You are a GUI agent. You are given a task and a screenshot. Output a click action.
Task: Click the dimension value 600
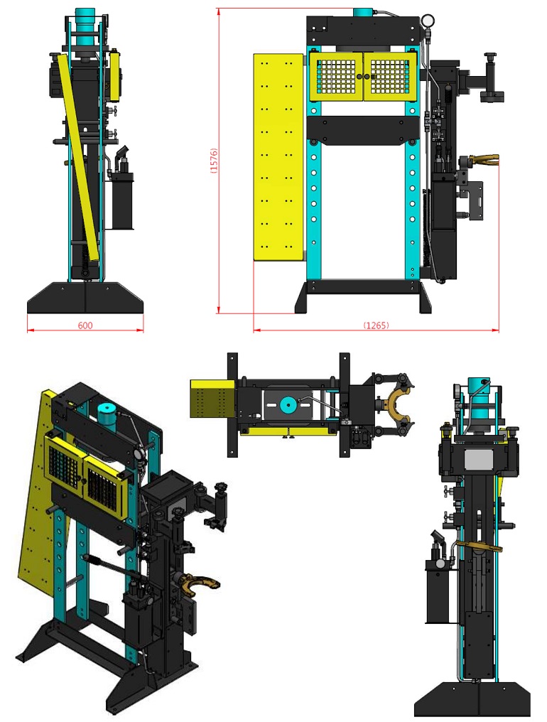tap(85, 325)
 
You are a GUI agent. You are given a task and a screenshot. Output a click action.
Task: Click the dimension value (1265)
tap(377, 325)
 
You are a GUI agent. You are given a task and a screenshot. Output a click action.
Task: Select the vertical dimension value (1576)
tap(213, 160)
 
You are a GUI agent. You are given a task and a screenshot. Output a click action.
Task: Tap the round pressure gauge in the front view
tap(428, 21)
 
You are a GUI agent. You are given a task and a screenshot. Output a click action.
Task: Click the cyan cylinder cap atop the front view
tap(363, 12)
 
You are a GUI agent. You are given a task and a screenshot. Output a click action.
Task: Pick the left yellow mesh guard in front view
tap(337, 77)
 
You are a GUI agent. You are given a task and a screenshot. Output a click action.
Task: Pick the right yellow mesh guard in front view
tap(391, 77)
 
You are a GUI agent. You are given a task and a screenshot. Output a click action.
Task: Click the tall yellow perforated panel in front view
tap(278, 158)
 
